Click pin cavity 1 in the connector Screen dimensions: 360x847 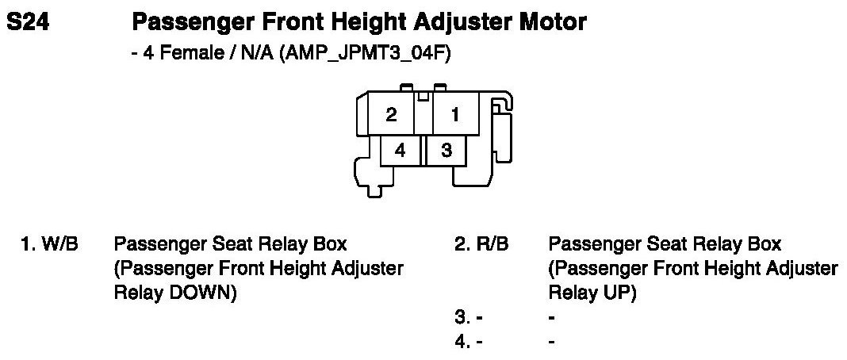point(454,114)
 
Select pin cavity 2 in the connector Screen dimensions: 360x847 point(391,114)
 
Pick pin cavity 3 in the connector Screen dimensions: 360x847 point(446,149)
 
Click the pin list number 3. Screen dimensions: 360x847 point(461,318)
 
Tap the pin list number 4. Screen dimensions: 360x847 point(461,342)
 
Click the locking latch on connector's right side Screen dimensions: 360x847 point(502,119)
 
